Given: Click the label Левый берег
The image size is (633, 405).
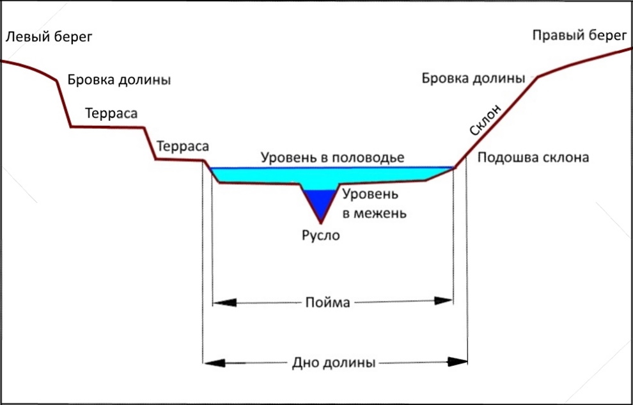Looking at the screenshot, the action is (49, 37).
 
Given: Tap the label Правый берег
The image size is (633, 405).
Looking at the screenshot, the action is (579, 36).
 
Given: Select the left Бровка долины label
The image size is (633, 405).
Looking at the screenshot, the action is (119, 80).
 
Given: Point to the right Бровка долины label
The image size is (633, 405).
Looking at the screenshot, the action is (474, 78).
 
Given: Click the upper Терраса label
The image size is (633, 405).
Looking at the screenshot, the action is (111, 113).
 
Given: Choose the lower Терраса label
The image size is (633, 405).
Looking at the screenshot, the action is (183, 146).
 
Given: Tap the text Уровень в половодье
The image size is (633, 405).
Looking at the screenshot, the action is (332, 157).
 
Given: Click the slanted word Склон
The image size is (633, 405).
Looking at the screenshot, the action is (486, 120).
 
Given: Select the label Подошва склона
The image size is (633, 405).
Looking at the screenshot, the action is (533, 157).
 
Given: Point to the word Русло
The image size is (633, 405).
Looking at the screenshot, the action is (321, 235).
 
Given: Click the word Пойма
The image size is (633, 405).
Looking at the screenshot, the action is (327, 302).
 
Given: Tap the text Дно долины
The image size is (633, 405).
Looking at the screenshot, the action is (334, 363).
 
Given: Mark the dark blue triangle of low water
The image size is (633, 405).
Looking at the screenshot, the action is (320, 202).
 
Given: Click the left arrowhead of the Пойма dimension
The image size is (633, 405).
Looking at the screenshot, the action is (224, 303).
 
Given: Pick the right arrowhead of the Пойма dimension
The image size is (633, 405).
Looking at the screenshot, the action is (443, 301).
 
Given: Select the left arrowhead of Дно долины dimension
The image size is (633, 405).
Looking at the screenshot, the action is (214, 363).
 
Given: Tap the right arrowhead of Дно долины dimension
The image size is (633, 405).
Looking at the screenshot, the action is (457, 361).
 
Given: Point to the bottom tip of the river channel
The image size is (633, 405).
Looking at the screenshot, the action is (321, 223).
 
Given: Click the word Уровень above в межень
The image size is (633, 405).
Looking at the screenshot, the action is (370, 195).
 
